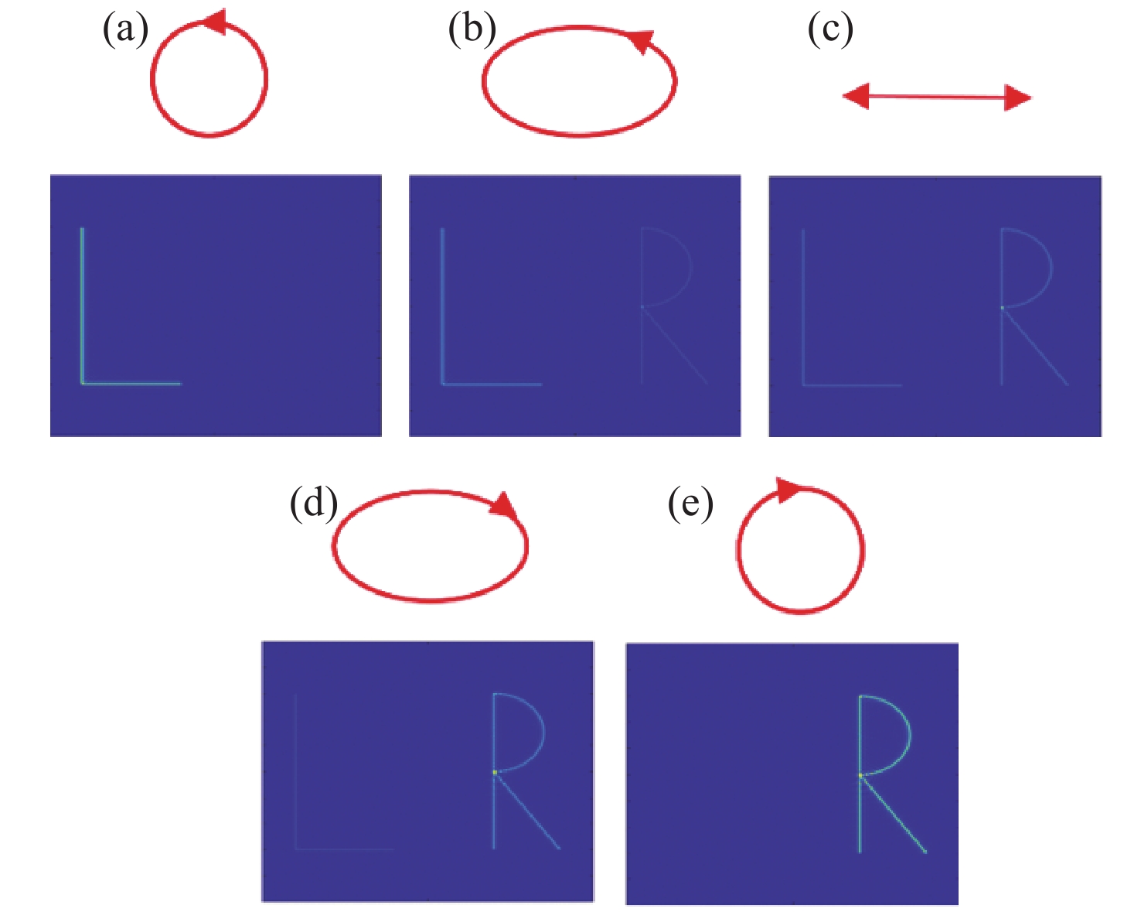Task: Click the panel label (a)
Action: (x=125, y=31)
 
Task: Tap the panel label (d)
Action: (x=314, y=504)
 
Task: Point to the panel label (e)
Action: (x=690, y=504)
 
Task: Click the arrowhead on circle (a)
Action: (x=214, y=22)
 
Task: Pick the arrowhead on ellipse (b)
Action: (x=640, y=41)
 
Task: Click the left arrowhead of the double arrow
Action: (x=856, y=97)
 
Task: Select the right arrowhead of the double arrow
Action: (x=1017, y=98)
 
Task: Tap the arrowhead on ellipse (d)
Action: (x=505, y=505)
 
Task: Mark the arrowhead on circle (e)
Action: (x=788, y=490)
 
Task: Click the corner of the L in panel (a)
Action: (x=82, y=383)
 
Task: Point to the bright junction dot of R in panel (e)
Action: (x=860, y=774)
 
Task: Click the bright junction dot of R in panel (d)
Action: (x=494, y=772)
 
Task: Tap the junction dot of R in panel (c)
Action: (x=1002, y=307)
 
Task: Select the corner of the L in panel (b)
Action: (x=442, y=384)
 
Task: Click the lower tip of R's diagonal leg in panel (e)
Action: (x=926, y=852)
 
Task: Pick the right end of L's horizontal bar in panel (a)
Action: (x=180, y=383)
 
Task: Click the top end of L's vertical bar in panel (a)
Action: (x=82, y=228)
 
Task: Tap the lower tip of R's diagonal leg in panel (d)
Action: (x=560, y=849)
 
